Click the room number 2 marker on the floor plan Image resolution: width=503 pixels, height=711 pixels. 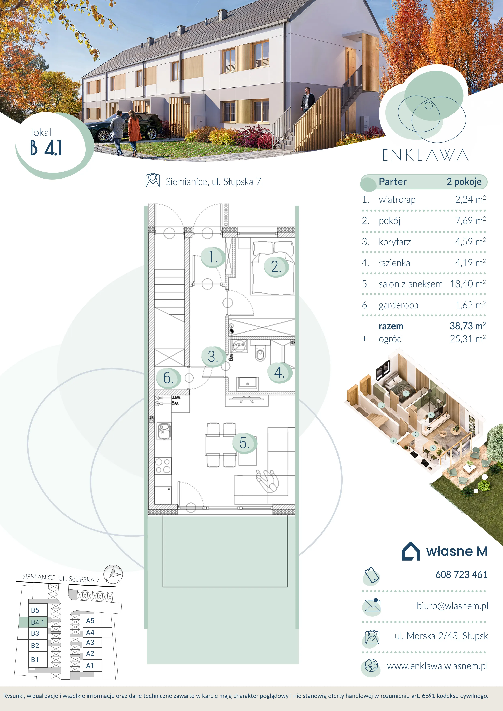(x=276, y=267)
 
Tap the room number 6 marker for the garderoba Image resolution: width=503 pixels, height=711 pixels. (x=168, y=378)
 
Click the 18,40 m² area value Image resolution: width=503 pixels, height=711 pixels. (x=468, y=284)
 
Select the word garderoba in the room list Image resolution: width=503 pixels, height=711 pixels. (x=399, y=305)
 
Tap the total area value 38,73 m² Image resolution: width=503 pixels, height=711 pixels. (x=468, y=326)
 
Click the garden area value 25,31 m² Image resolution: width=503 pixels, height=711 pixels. (x=468, y=339)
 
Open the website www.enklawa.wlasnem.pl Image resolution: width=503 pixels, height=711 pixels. (x=437, y=666)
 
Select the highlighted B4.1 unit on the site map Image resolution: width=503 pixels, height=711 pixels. (x=38, y=622)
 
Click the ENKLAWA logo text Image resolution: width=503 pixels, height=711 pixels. (x=425, y=155)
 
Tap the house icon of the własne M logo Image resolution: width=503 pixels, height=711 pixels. (x=411, y=551)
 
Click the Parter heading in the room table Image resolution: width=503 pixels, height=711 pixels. (x=393, y=182)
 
